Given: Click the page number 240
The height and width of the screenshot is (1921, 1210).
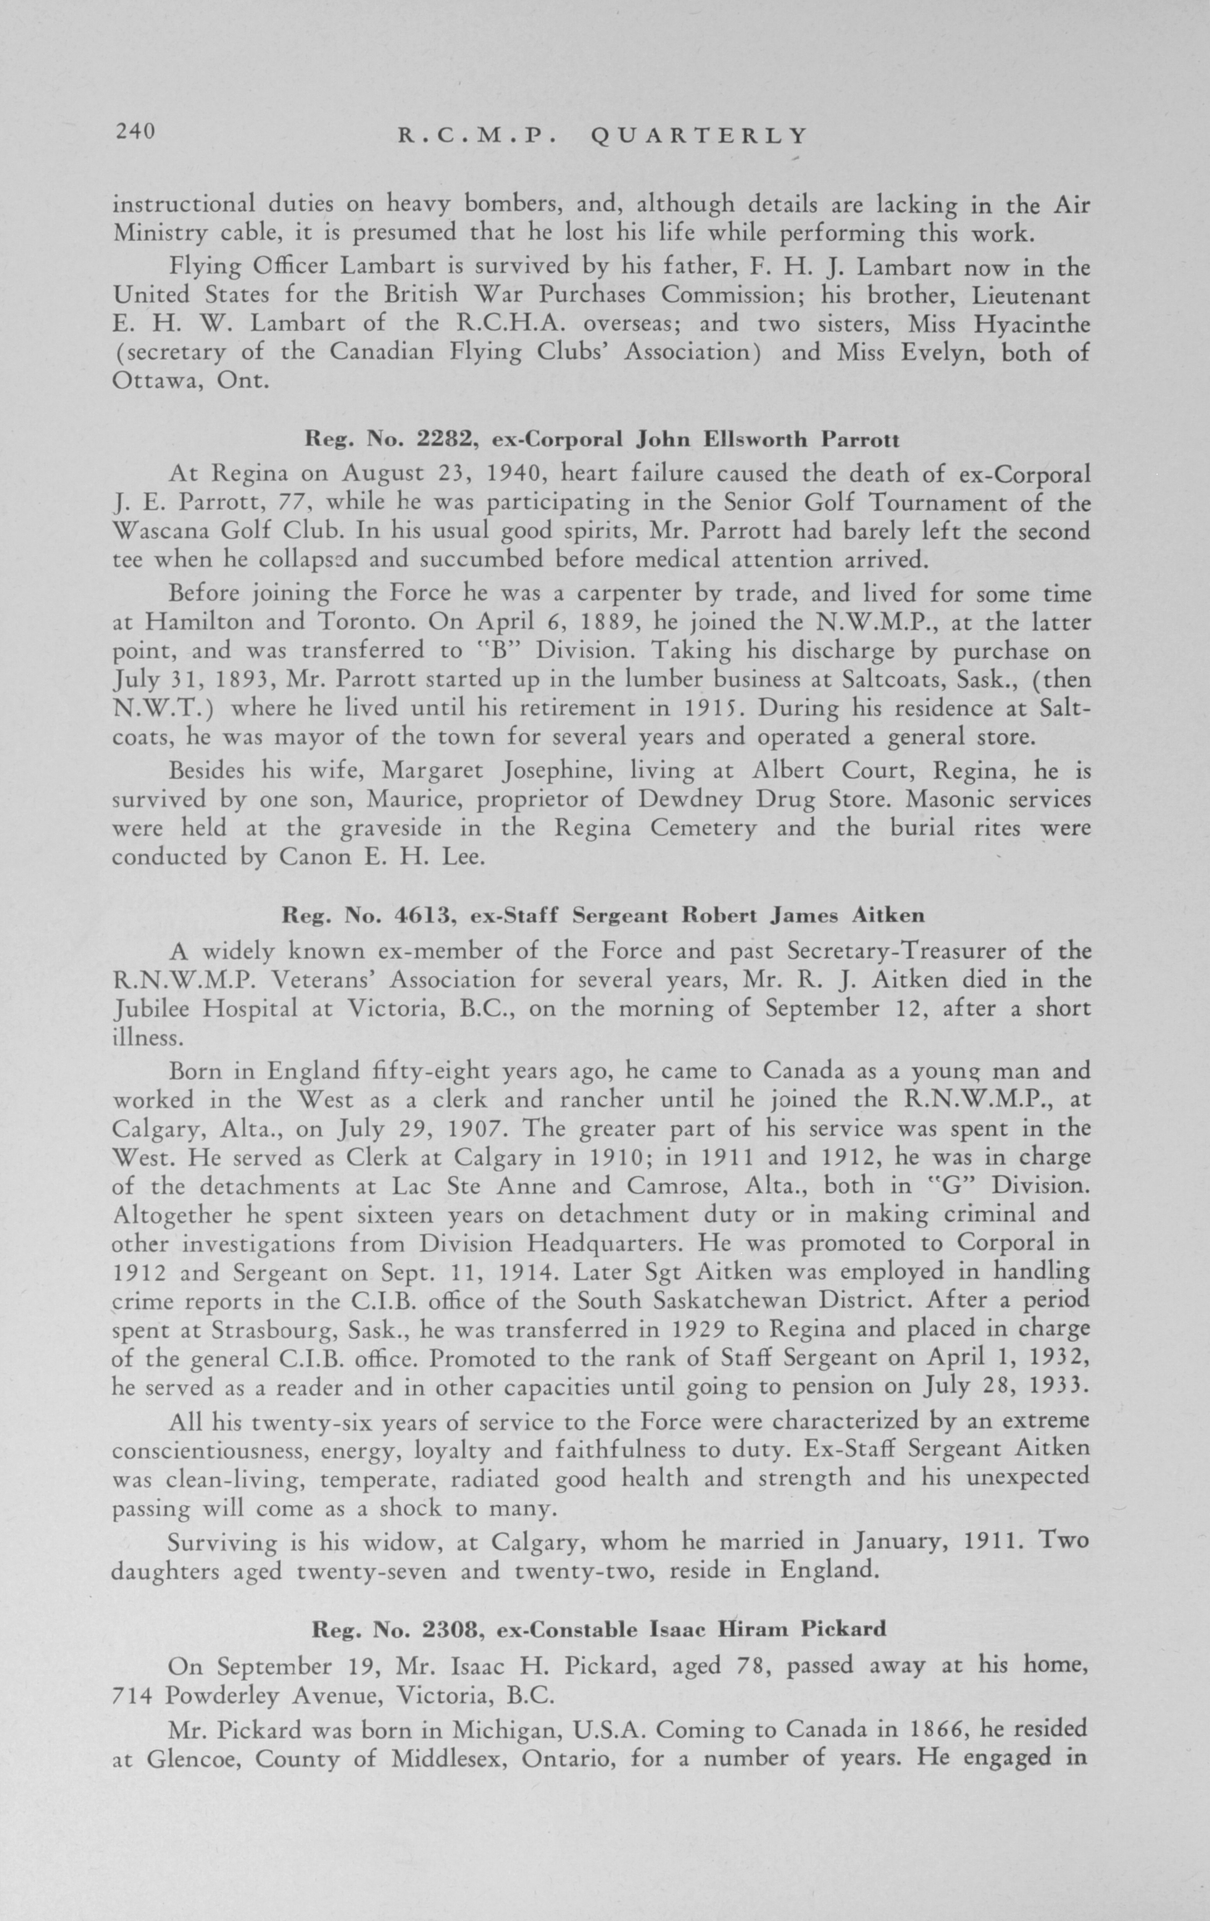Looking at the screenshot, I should [x=136, y=132].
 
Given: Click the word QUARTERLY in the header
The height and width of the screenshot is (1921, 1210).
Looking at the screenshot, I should [x=699, y=137].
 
